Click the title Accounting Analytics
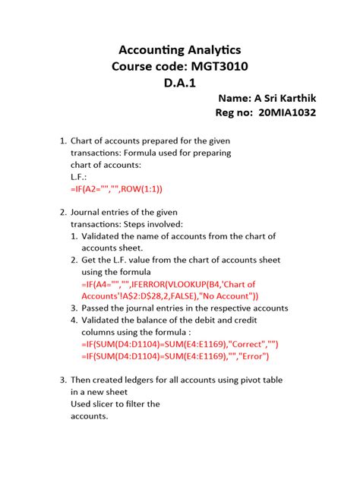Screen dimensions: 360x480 coord(179,50)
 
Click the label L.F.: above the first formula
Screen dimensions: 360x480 coord(79,176)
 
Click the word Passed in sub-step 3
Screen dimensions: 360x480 coord(98,308)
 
